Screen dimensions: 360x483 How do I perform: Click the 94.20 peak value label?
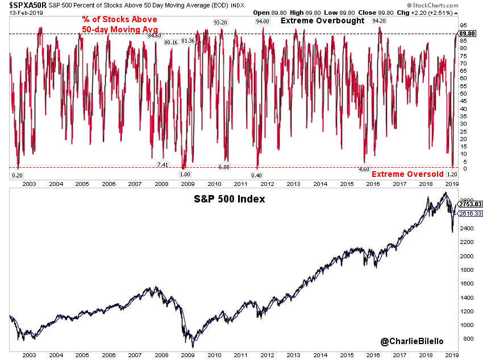click(379, 20)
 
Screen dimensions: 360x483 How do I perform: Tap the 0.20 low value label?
click(17, 175)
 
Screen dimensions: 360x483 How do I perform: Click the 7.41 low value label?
click(163, 164)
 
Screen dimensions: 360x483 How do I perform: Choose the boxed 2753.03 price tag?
click(470, 204)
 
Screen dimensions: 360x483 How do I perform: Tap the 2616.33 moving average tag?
click(470, 213)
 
